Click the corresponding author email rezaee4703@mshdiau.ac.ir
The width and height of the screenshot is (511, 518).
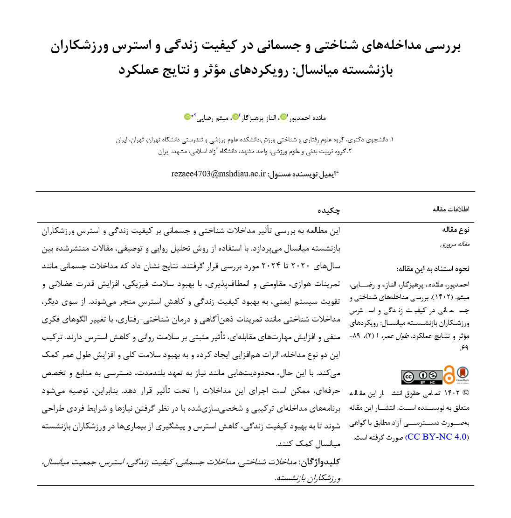pos(218,174)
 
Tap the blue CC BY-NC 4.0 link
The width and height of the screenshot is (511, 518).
pos(437,437)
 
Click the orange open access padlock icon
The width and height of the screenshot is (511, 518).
pos(449,375)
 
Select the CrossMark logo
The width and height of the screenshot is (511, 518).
pos(463,374)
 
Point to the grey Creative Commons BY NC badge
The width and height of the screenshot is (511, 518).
pos(421,377)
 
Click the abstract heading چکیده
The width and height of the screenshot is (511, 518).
pos(329,210)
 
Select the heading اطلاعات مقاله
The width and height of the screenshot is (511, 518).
pos(451,209)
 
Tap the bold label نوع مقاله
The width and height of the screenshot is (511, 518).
pos(456,230)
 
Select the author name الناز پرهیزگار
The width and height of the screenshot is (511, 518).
pos(258,118)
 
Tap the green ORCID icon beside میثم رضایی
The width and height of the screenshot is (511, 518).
pos(187,117)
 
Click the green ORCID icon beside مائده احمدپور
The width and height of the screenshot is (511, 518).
pos(283,117)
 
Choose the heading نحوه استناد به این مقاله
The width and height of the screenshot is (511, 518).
pos(433,269)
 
